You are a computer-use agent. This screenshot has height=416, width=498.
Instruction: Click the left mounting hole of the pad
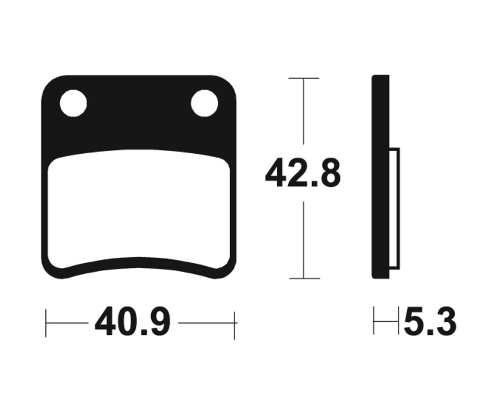point(74,103)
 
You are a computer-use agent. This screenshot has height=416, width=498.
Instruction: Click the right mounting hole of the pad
point(205,103)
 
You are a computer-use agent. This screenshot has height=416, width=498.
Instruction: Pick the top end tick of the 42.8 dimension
point(304,78)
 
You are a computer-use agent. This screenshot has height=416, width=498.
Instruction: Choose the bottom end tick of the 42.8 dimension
point(304,278)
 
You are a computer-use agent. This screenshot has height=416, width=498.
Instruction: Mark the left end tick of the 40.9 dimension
point(46,323)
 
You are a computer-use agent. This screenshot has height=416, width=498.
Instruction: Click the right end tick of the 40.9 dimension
point(235,325)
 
